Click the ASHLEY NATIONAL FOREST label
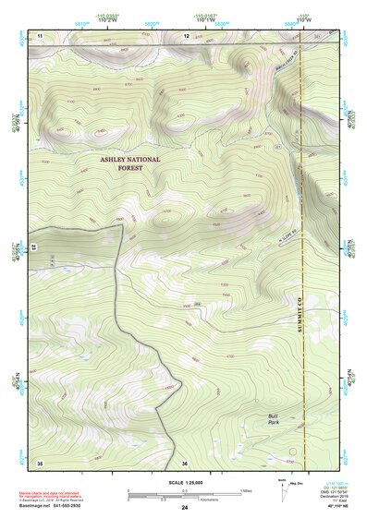point(129,163)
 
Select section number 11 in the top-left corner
point(40,35)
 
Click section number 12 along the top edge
point(186,35)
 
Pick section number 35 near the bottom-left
point(39,462)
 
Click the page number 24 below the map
point(185,507)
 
